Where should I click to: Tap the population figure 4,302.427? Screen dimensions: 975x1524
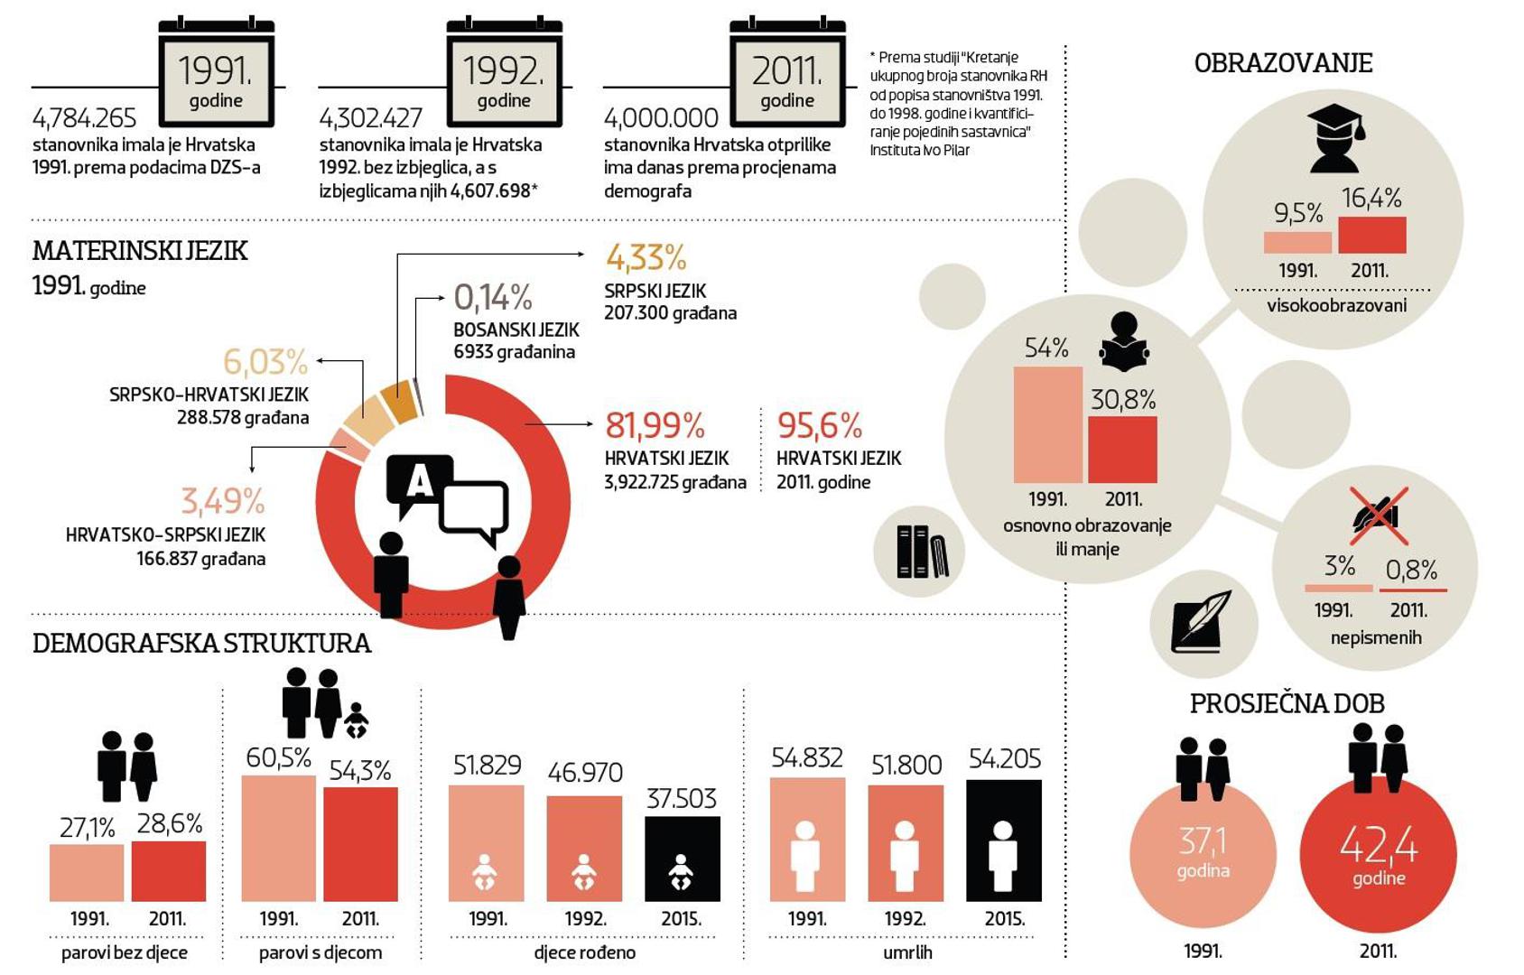[x=370, y=118]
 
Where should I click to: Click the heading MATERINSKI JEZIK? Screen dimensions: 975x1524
[x=140, y=251]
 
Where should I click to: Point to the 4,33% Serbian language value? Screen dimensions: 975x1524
[x=646, y=258]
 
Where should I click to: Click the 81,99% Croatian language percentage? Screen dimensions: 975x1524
[x=655, y=425]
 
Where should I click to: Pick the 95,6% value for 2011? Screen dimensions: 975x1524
[x=819, y=425]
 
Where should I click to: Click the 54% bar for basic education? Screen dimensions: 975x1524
[x=1047, y=424]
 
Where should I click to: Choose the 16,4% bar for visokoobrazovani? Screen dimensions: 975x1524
[x=1371, y=235]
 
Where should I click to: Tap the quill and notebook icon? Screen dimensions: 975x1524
[x=1202, y=621]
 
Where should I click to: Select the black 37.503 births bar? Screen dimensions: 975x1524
[x=682, y=859]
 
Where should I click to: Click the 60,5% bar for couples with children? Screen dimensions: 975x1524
[x=278, y=838]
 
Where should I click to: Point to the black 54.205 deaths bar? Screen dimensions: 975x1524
[x=1003, y=840]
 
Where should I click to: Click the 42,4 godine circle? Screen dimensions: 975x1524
[x=1378, y=854]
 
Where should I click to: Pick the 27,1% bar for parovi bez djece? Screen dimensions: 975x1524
[x=87, y=873]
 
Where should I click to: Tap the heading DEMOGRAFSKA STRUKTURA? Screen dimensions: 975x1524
[x=201, y=644]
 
